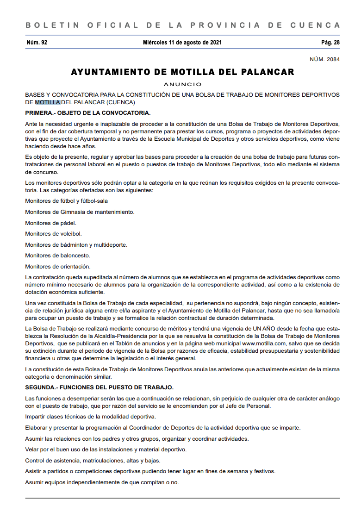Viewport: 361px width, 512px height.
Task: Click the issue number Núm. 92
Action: tap(37, 43)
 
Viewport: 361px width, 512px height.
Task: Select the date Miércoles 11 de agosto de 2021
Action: tap(182, 43)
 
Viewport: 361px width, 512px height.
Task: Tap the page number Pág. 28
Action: tap(330, 43)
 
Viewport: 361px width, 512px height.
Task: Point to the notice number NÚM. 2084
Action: tap(324, 59)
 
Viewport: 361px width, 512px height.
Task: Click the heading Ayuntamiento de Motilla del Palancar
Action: tap(182, 72)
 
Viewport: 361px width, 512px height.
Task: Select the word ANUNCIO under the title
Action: tap(182, 84)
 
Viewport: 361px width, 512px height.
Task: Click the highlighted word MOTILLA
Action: tap(47, 102)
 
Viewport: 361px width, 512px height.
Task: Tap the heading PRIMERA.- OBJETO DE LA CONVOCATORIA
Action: tap(87, 112)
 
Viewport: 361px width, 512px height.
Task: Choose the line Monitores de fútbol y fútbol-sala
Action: tap(66, 201)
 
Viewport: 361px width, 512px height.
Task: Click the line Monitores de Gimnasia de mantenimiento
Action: tap(80, 212)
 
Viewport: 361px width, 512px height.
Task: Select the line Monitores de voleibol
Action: tap(53, 234)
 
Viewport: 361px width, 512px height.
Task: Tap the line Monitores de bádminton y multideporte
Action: tap(76, 244)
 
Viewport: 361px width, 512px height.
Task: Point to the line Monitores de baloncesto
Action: tap(57, 256)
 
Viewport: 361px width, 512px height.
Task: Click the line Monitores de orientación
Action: tap(58, 266)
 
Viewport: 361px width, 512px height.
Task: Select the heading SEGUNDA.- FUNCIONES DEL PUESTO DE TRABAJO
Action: tap(100, 387)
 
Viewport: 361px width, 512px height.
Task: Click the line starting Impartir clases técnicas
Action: tap(90, 417)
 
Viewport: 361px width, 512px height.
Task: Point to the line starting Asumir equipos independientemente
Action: tap(102, 482)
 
